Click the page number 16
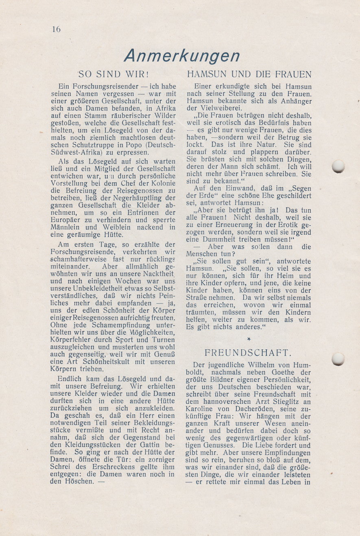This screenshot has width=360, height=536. tap(56, 29)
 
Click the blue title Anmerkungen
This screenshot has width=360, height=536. tap(182, 56)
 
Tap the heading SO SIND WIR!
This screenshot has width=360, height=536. tap(113, 74)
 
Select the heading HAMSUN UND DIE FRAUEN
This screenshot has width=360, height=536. tap(249, 74)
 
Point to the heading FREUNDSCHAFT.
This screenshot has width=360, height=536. tap(248, 352)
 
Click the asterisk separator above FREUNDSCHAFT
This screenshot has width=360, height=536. tap(249, 338)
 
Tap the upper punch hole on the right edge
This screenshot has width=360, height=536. tap(338, 166)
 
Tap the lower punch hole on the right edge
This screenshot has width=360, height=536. tap(338, 359)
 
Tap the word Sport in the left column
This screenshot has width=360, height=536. tap(124, 340)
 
